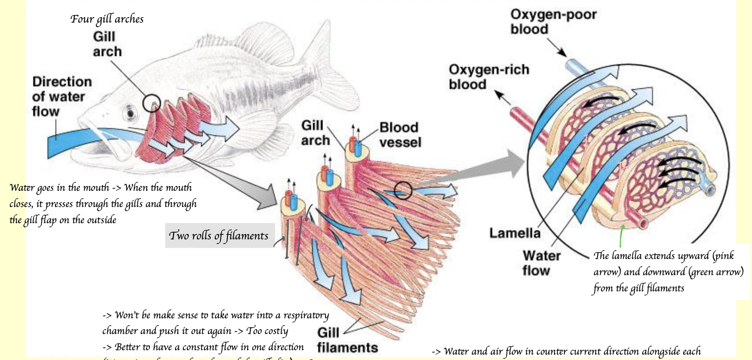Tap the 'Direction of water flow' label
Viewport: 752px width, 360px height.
(x=62, y=97)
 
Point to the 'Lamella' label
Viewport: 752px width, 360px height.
(x=515, y=233)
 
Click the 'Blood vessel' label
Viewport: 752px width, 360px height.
(x=400, y=135)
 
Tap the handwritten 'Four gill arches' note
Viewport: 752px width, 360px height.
(x=107, y=20)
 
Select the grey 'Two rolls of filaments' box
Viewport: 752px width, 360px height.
(x=219, y=236)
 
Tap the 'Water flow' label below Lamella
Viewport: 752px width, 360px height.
(x=541, y=262)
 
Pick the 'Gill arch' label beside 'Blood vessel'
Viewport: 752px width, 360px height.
(x=315, y=133)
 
